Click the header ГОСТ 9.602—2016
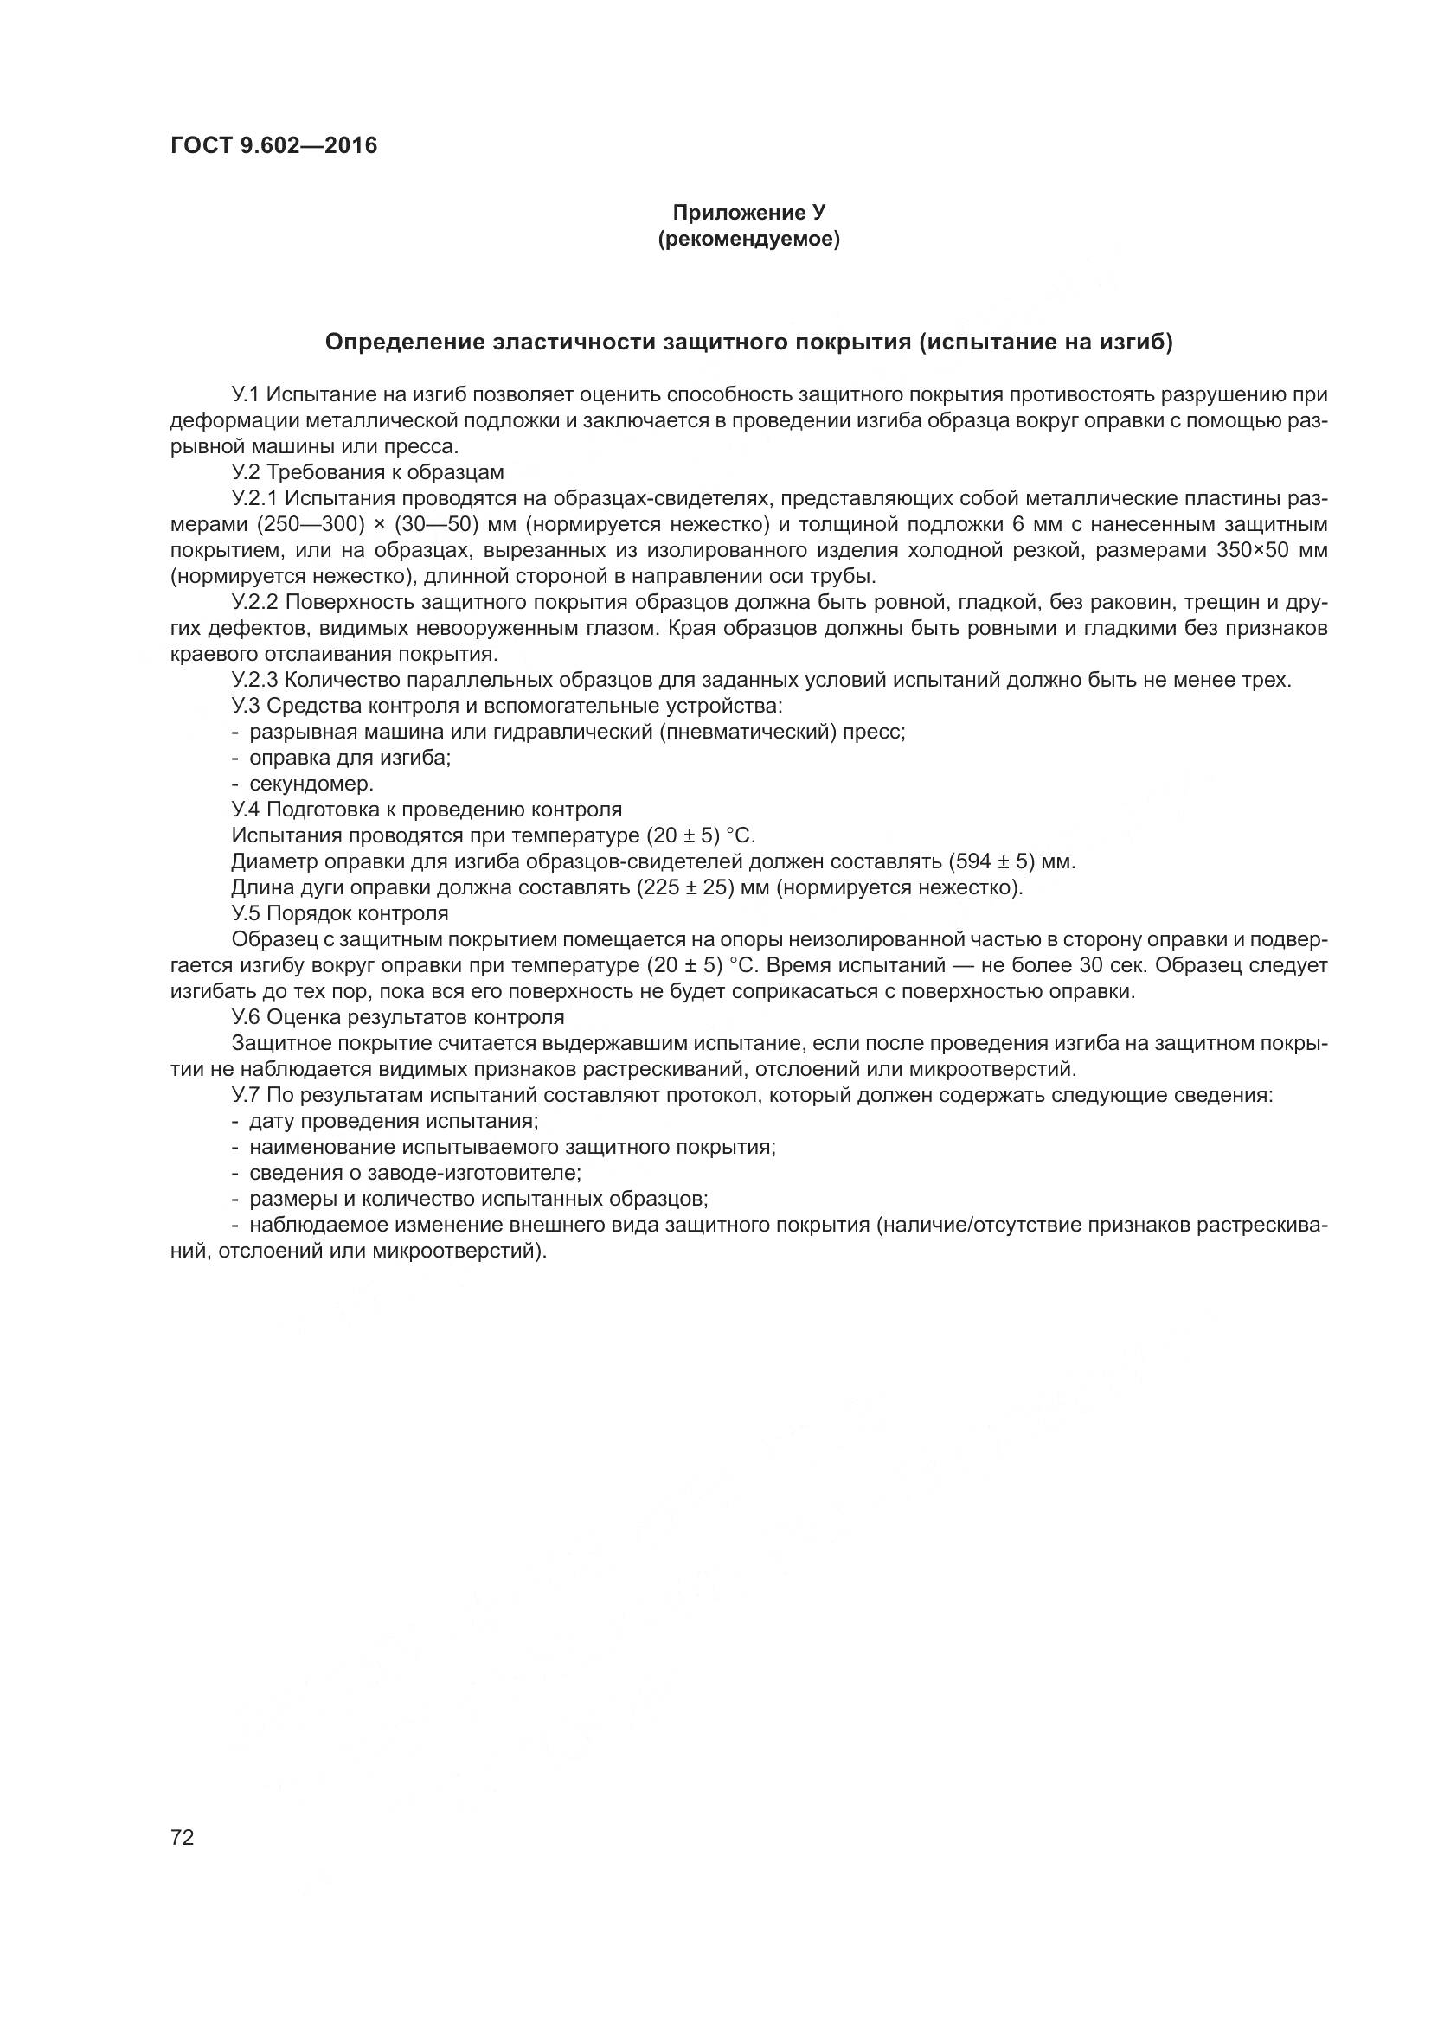273,145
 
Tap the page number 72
183,1837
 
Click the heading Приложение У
748,213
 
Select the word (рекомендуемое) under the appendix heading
748,239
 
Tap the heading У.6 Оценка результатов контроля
397,1017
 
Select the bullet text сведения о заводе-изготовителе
414,1173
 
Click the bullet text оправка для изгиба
350,758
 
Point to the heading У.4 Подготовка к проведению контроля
427,809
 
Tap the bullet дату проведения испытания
393,1121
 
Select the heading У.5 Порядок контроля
339,912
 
